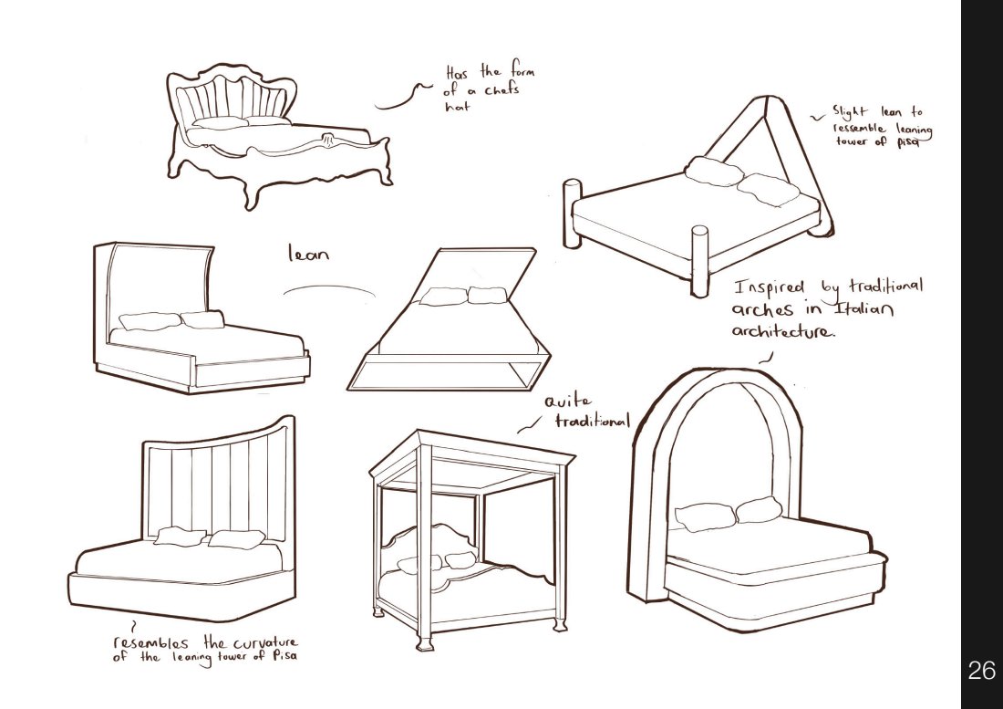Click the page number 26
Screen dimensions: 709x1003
pyautogui.click(x=981, y=673)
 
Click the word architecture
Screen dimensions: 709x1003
pyautogui.click(x=781, y=331)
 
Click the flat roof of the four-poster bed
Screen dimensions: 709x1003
pyautogui.click(x=474, y=465)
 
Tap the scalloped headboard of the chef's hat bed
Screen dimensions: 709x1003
pyautogui.click(x=240, y=96)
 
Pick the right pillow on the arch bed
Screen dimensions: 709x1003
pyautogui.click(x=759, y=510)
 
